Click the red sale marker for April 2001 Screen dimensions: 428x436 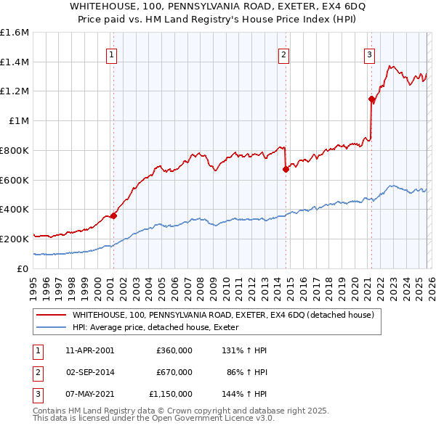click(x=113, y=215)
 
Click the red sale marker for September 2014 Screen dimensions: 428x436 click(x=286, y=170)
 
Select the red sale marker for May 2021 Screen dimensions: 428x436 click(x=371, y=99)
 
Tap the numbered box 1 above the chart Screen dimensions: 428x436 click(x=112, y=53)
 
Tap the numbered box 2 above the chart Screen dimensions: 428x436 click(x=283, y=53)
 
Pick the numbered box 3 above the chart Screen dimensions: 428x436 click(x=369, y=53)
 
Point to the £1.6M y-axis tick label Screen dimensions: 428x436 click(x=15, y=33)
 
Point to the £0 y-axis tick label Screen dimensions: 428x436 click(x=23, y=268)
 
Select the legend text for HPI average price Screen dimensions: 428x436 click(x=161, y=327)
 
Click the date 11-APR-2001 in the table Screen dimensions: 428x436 click(x=90, y=350)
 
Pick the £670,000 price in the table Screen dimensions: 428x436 click(x=174, y=372)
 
